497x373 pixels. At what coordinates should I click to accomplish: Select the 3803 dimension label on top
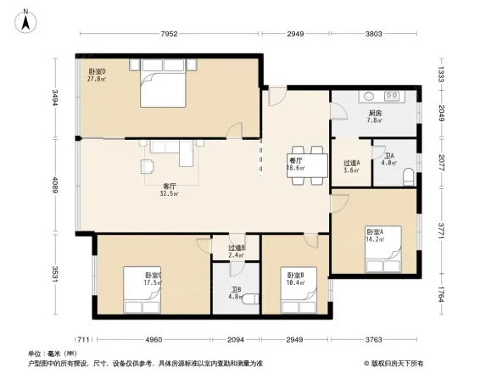pyautogui.click(x=373, y=35)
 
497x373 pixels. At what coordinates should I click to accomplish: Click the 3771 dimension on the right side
pyautogui.click(x=441, y=229)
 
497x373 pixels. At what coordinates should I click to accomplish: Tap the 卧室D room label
pyautogui.click(x=97, y=75)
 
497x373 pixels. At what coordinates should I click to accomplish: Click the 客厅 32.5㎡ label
pyautogui.click(x=170, y=189)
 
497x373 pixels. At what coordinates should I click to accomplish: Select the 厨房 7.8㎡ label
pyautogui.click(x=374, y=117)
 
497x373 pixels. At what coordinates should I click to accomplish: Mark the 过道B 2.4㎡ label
pyautogui.click(x=237, y=251)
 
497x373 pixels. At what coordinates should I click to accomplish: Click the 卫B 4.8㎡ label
pyautogui.click(x=237, y=294)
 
